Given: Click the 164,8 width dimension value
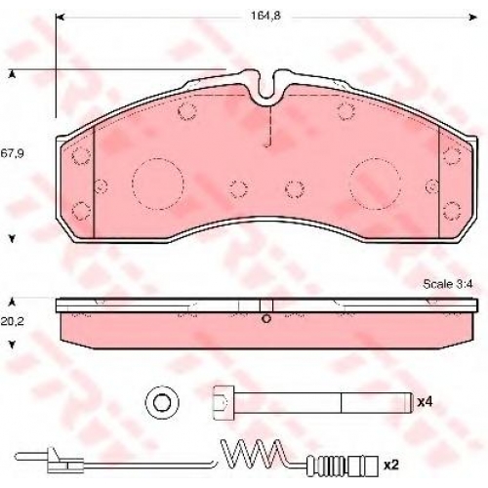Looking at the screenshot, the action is coord(265,16).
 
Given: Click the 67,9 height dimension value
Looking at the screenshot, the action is coord(12,153).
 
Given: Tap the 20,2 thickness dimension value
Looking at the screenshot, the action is coord(12,321).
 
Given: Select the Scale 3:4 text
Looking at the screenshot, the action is coord(448,284).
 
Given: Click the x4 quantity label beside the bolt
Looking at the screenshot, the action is coord(425,402).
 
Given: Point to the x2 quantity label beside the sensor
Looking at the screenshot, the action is coord(391,466).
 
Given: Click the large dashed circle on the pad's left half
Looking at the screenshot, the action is coord(158,183).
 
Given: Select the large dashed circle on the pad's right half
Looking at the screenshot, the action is coord(375,183).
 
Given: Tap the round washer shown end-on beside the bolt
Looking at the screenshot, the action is coord(162,402).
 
